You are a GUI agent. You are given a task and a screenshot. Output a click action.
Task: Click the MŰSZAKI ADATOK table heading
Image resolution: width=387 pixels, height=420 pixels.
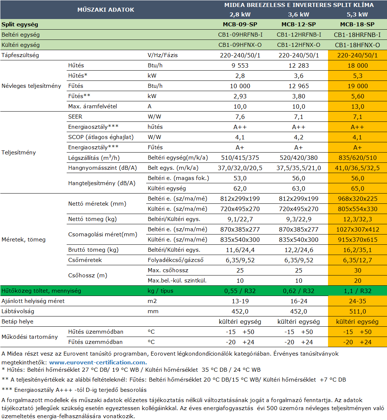pyautogui.click(x=106, y=10)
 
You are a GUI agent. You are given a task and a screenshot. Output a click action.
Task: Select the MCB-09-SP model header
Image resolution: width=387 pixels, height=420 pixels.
pyautogui.click(x=240, y=25)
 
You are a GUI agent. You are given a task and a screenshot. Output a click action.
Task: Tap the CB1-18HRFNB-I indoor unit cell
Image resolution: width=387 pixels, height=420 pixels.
pyautogui.click(x=357, y=35)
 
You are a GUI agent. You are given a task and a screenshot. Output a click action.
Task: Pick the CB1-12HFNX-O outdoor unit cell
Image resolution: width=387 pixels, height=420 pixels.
pyautogui.click(x=298, y=45)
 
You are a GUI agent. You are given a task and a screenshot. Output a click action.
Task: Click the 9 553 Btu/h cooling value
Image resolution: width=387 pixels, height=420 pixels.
pyautogui.click(x=240, y=65)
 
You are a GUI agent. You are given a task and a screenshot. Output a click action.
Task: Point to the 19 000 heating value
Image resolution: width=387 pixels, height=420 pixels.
pyautogui.click(x=357, y=86)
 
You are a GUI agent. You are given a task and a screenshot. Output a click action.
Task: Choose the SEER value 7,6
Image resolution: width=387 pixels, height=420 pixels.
pyautogui.click(x=240, y=117)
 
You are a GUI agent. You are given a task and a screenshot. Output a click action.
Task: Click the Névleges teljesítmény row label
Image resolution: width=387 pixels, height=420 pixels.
pyautogui.click(x=31, y=86)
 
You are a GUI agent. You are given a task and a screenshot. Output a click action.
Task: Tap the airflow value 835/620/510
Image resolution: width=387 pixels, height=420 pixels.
pyautogui.click(x=357, y=158)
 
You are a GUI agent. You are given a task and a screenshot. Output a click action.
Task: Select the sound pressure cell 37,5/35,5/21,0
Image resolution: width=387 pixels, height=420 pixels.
pyautogui.click(x=298, y=168)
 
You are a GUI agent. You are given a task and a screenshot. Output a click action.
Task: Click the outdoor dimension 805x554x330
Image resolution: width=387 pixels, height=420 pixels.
pyautogui.click(x=357, y=209)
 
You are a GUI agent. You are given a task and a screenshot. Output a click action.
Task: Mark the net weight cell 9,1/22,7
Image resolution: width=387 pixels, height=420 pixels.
pyautogui.click(x=240, y=220)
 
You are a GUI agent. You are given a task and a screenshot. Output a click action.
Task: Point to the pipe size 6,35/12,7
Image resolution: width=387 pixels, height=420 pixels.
pyautogui.click(x=357, y=260)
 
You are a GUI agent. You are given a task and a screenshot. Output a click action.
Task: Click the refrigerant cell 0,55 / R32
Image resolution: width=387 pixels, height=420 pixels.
pyautogui.click(x=240, y=291)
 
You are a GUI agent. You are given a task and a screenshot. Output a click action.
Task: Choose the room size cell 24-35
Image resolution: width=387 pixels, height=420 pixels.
pyautogui.click(x=357, y=301)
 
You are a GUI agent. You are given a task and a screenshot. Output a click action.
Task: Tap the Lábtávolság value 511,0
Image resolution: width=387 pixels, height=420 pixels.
pyautogui.click(x=357, y=311)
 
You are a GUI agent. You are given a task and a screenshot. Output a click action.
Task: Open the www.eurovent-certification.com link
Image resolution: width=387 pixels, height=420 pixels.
pyautogui.click(x=98, y=363)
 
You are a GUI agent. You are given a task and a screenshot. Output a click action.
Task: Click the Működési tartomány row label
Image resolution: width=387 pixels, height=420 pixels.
pyautogui.click(x=30, y=337)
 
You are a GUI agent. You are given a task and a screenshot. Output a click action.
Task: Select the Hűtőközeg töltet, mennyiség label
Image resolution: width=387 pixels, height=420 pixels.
pyautogui.click(x=41, y=291)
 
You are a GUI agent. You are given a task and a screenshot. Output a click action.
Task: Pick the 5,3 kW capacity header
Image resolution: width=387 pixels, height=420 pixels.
pyautogui.click(x=357, y=15)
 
